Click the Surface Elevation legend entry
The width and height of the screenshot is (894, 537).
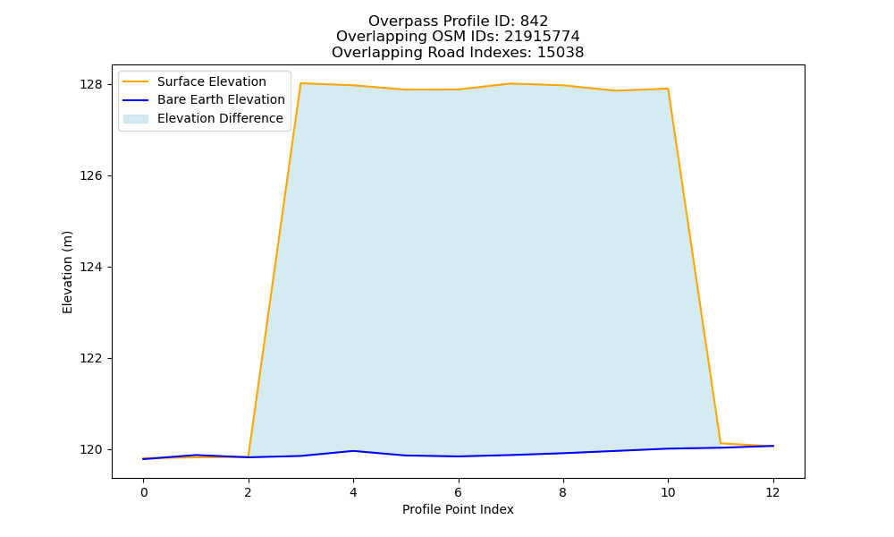[194, 81]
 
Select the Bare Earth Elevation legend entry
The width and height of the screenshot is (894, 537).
[204, 100]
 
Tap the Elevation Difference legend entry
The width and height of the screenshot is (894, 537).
[203, 119]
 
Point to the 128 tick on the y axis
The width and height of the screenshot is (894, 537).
[91, 84]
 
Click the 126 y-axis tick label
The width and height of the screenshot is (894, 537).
[91, 175]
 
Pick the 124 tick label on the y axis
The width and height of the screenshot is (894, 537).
[91, 267]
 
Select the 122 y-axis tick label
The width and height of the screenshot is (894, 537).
[91, 358]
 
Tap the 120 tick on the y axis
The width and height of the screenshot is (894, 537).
[91, 449]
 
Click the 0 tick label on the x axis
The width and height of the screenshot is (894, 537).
[144, 492]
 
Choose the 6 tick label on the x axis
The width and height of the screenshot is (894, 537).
[459, 492]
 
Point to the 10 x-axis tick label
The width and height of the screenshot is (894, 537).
[668, 492]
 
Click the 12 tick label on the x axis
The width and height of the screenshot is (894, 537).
[772, 492]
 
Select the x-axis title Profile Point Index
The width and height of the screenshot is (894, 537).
[458, 509]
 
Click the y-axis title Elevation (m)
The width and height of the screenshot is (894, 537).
[67, 272]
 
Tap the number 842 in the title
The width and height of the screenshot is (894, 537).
[534, 21]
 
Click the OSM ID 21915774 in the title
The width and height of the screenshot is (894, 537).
[542, 37]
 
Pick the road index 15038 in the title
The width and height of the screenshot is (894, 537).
[561, 53]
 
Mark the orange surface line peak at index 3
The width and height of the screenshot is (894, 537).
[301, 83]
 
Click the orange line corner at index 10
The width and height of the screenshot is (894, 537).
[668, 89]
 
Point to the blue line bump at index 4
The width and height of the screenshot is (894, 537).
[353, 451]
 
